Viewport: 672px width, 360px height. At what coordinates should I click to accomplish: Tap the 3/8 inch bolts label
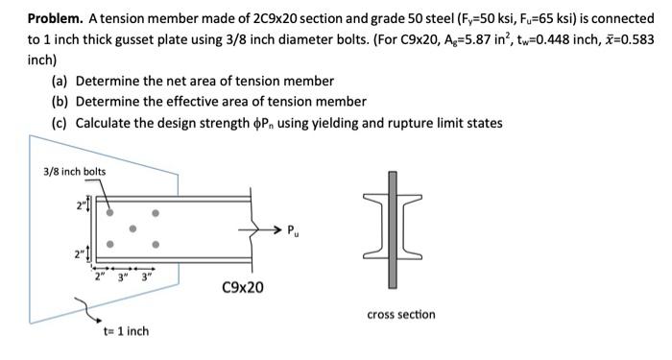pos(74,172)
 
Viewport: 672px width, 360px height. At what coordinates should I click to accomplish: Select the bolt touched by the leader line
pos(112,212)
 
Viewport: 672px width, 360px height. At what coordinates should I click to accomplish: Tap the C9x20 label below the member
pos(243,286)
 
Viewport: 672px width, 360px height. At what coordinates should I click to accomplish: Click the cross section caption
pos(400,314)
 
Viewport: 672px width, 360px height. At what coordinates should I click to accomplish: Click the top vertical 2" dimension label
pos(82,203)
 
